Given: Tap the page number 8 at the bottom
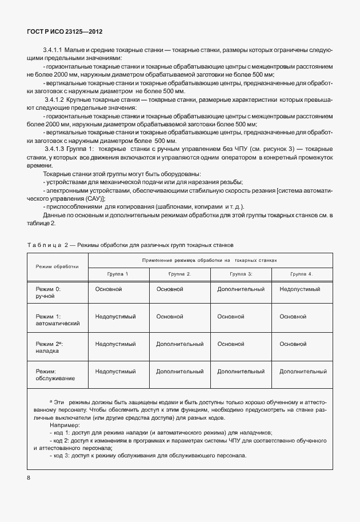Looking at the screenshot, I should [28, 476].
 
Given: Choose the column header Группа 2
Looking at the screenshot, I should [180, 274].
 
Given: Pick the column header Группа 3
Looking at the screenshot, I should [241, 274].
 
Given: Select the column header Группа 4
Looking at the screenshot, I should [302, 274].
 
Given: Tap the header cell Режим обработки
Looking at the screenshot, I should [57, 266].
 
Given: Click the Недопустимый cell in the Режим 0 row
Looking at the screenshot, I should [299, 289].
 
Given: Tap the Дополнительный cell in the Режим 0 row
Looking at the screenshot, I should [241, 289].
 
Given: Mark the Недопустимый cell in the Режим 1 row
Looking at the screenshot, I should [115, 316].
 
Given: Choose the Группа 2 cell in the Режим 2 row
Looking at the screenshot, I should [180, 344].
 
